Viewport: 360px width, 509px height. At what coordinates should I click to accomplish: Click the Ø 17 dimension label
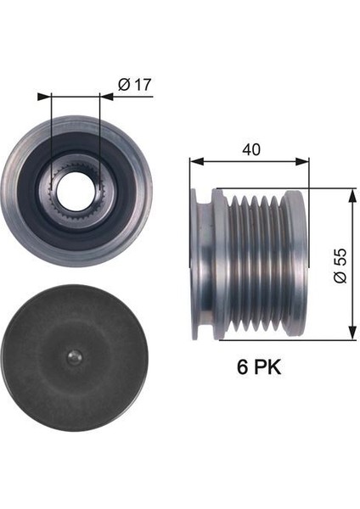(134, 84)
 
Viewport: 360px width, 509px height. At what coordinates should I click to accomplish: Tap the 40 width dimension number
(251, 149)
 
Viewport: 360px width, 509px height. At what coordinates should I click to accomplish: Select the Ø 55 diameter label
(340, 266)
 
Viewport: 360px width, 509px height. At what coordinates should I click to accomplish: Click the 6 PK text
(259, 366)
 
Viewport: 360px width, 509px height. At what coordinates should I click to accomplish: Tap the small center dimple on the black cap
(74, 358)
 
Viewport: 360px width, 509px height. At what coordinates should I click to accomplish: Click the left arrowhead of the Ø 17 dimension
(44, 97)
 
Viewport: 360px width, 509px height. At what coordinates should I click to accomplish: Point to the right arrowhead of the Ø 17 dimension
(106, 97)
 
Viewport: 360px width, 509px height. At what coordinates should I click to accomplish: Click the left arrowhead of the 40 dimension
(197, 161)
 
